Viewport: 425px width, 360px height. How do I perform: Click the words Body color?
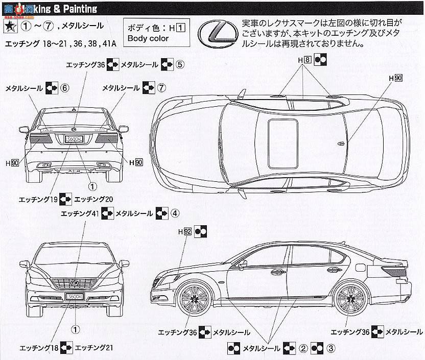149,38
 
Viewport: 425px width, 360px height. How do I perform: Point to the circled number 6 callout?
64,88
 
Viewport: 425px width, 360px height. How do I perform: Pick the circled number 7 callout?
161,88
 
